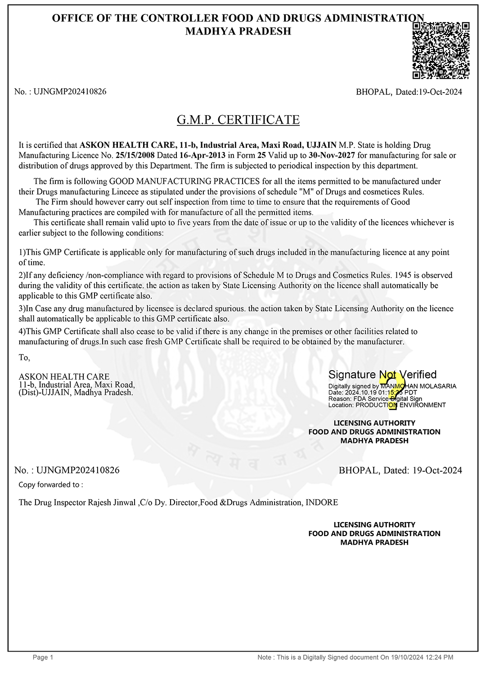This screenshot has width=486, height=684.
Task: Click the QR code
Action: coord(441,50)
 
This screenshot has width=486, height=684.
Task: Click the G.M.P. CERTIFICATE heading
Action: coord(238,120)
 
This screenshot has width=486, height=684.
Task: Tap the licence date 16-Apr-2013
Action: coord(202,156)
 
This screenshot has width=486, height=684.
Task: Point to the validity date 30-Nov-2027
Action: coord(332,156)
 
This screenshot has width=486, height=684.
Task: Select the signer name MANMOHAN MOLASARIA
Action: coord(418,386)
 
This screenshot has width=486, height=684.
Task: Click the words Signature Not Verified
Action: coord(382,375)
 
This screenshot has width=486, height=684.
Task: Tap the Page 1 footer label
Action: coord(43,657)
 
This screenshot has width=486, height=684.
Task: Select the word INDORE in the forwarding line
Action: coord(322,503)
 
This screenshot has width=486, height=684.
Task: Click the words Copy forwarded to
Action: coord(50,485)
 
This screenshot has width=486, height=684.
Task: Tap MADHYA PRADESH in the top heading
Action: coord(238,31)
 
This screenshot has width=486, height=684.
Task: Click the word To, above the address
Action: coord(24,358)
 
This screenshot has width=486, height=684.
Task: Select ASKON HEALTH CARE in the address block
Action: coord(64,377)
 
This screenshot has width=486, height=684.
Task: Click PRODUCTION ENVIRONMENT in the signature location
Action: coord(400,405)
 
